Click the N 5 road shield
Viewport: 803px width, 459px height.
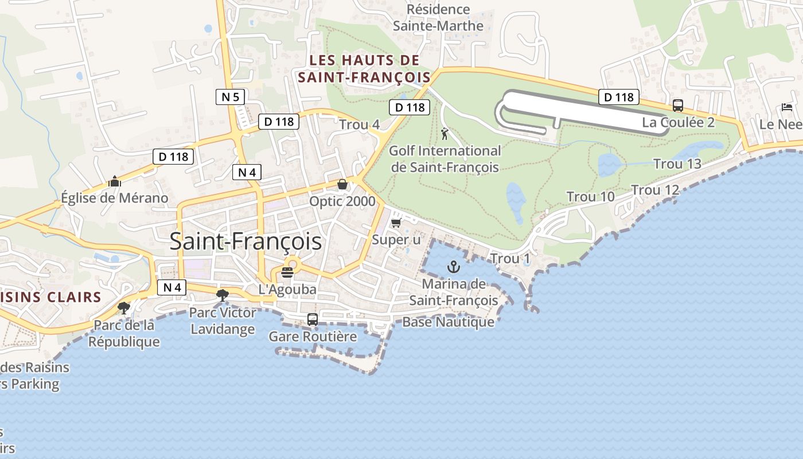tap(230, 97)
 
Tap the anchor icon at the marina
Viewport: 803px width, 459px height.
tap(454, 267)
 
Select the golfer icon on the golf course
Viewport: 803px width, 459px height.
tap(445, 134)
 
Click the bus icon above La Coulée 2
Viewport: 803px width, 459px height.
tap(678, 106)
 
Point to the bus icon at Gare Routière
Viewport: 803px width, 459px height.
tap(313, 320)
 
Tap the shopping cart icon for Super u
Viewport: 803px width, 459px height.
tap(396, 223)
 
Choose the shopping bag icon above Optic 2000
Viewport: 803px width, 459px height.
tap(342, 184)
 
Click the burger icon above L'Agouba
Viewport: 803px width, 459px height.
tap(287, 272)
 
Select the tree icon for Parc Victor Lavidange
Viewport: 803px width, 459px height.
tap(222, 295)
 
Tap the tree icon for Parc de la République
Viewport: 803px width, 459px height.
tap(123, 308)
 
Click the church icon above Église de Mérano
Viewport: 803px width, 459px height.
tap(115, 182)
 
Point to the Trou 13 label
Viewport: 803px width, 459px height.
tap(677, 164)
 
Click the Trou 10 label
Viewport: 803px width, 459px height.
tap(590, 197)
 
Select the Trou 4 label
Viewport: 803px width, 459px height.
tap(360, 125)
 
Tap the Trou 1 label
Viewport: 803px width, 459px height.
tap(510, 259)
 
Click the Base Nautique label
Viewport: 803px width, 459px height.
tap(448, 322)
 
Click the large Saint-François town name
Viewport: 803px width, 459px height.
tap(245, 242)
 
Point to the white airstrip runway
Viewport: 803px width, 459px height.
tap(585, 111)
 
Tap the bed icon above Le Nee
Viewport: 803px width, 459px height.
tap(786, 107)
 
